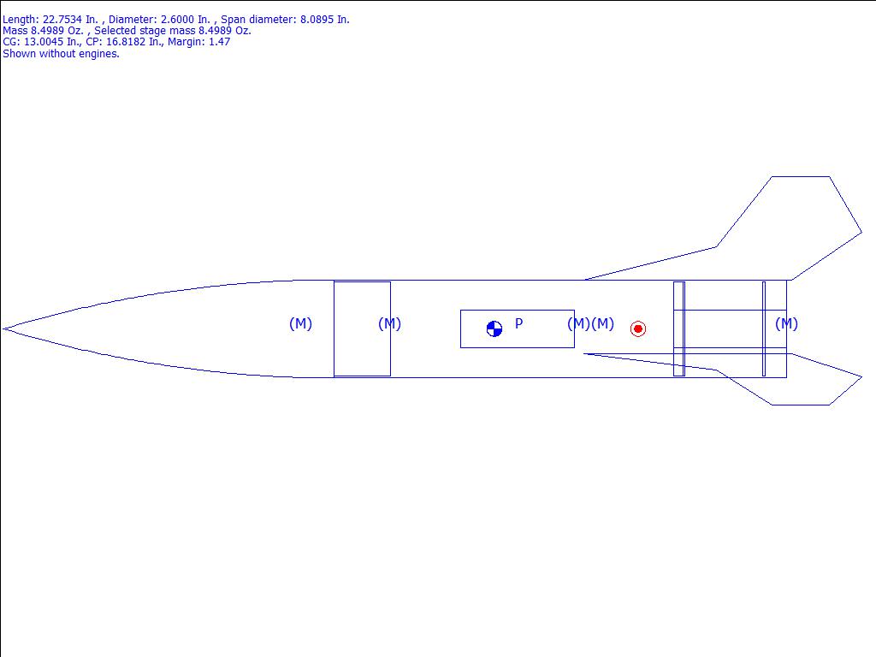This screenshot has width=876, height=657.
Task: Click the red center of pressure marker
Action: pos(638,328)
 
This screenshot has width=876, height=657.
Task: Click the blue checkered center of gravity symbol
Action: pos(494,329)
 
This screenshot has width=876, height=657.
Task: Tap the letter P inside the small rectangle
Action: pos(519,323)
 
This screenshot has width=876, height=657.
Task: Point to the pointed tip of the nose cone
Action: pos(3,329)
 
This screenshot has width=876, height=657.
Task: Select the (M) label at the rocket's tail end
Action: pos(787,323)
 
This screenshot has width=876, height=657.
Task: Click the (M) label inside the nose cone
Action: pos(300,323)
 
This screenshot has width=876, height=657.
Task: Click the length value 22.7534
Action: pos(62,20)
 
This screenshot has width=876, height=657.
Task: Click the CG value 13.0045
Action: pos(44,42)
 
